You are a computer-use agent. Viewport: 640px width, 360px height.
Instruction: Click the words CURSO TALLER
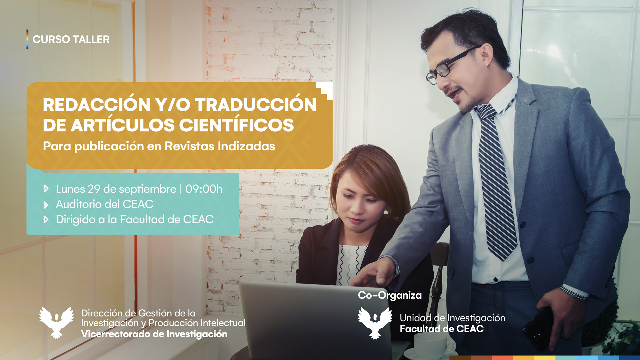click(x=71, y=39)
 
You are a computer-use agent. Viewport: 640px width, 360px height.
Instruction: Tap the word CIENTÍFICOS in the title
click(x=236, y=125)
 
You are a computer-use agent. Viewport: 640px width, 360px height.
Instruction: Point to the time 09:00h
click(x=204, y=189)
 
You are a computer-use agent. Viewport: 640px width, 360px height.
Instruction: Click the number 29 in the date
click(x=94, y=189)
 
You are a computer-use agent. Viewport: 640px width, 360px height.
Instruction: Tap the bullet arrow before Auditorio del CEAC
click(x=46, y=204)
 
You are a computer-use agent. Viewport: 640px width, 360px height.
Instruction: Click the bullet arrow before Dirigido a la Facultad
click(x=46, y=219)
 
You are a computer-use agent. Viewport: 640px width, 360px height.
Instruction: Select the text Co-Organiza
click(x=390, y=295)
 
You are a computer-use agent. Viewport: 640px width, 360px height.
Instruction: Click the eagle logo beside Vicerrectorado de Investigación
click(x=56, y=323)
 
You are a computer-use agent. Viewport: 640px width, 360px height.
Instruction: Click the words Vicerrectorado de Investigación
click(x=154, y=334)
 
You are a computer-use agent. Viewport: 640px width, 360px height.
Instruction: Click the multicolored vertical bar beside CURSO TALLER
click(x=27, y=39)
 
